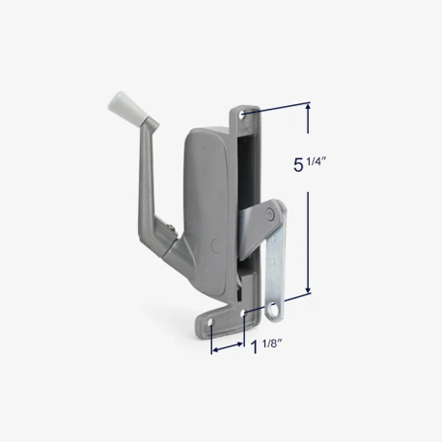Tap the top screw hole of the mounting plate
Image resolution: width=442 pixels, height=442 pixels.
tap(241, 115)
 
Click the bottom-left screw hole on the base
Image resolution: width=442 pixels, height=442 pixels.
tap(210, 321)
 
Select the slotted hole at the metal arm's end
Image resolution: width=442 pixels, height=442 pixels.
tap(273, 310)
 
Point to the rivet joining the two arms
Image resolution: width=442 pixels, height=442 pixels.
tap(269, 213)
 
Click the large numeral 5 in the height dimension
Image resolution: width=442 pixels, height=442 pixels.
tap(298, 165)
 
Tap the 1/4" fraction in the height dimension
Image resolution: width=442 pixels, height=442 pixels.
tap(317, 161)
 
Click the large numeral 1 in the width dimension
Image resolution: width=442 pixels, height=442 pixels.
tap(255, 347)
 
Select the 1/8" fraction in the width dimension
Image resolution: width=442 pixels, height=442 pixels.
tap(272, 344)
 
